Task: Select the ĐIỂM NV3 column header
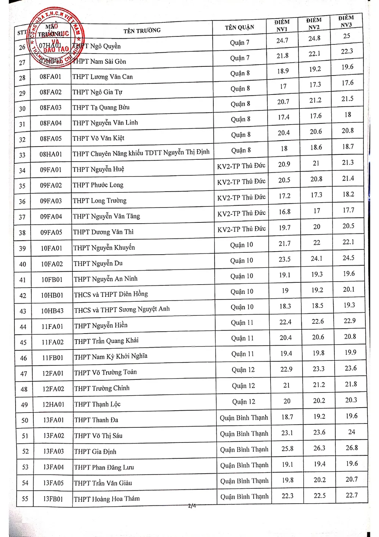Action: pyautogui.click(x=346, y=22)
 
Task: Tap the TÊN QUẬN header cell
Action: pyautogui.click(x=240, y=27)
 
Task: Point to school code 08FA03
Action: pyautogui.click(x=51, y=108)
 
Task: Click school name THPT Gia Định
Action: pyautogui.click(x=95, y=452)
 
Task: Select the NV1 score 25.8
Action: pyautogui.click(x=287, y=449)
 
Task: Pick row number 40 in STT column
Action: pyautogui.click(x=23, y=264)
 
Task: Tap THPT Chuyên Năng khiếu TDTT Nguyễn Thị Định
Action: pyautogui.click(x=141, y=153)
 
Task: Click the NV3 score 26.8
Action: pyautogui.click(x=351, y=448)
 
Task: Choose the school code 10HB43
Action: pyautogui.click(x=52, y=311)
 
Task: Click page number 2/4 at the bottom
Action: pyautogui.click(x=192, y=506)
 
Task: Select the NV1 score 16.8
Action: pyautogui.click(x=285, y=212)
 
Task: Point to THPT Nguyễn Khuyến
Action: pyautogui.click(x=104, y=248)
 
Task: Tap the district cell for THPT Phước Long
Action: pyautogui.click(x=241, y=182)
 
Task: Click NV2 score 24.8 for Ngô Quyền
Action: pyautogui.click(x=314, y=38)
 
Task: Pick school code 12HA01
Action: pyautogui.click(x=53, y=405)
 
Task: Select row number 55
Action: pyautogui.click(x=25, y=499)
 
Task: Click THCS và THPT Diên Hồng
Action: pyautogui.click(x=111, y=294)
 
